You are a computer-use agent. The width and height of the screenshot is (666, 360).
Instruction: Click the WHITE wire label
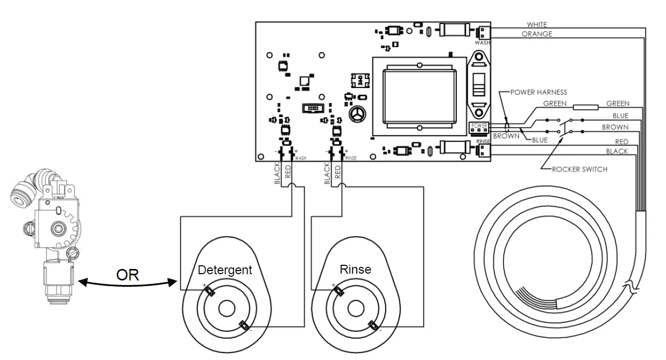coord(537,25)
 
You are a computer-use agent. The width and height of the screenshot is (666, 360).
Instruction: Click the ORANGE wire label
coord(537,34)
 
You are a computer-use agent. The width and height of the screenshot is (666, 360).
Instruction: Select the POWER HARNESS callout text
coord(539,93)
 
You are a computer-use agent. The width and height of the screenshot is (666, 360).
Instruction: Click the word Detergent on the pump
coord(225,270)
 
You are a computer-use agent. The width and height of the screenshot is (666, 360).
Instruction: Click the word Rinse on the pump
coord(355,269)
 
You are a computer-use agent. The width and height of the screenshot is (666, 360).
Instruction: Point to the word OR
coord(128,275)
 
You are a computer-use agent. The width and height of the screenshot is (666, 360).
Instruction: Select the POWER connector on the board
coord(479,126)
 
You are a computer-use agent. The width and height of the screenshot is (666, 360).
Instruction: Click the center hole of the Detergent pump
coord(226,309)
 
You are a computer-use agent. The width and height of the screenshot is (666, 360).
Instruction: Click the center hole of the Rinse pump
coord(356,308)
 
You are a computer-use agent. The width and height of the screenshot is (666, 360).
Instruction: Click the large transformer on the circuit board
coord(419,95)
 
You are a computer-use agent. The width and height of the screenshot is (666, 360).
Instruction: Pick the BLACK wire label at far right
coord(616,151)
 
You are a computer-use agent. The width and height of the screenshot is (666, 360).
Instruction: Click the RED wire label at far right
coord(622,142)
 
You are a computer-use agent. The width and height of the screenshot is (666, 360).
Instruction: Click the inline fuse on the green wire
coord(585,107)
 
